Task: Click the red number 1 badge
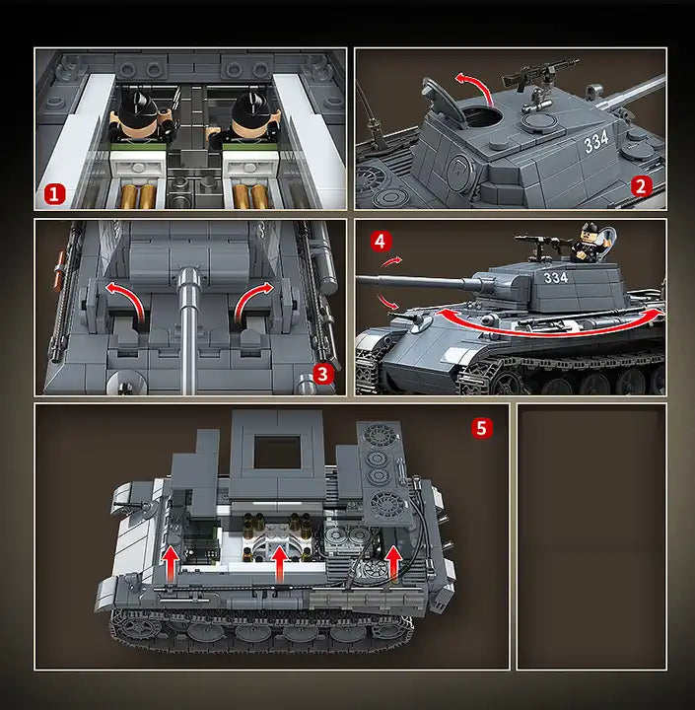click(55, 193)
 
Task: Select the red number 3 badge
click(321, 373)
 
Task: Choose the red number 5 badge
click(481, 427)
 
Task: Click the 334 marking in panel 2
click(596, 143)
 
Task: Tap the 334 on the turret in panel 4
click(556, 277)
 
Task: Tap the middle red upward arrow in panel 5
click(279, 564)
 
